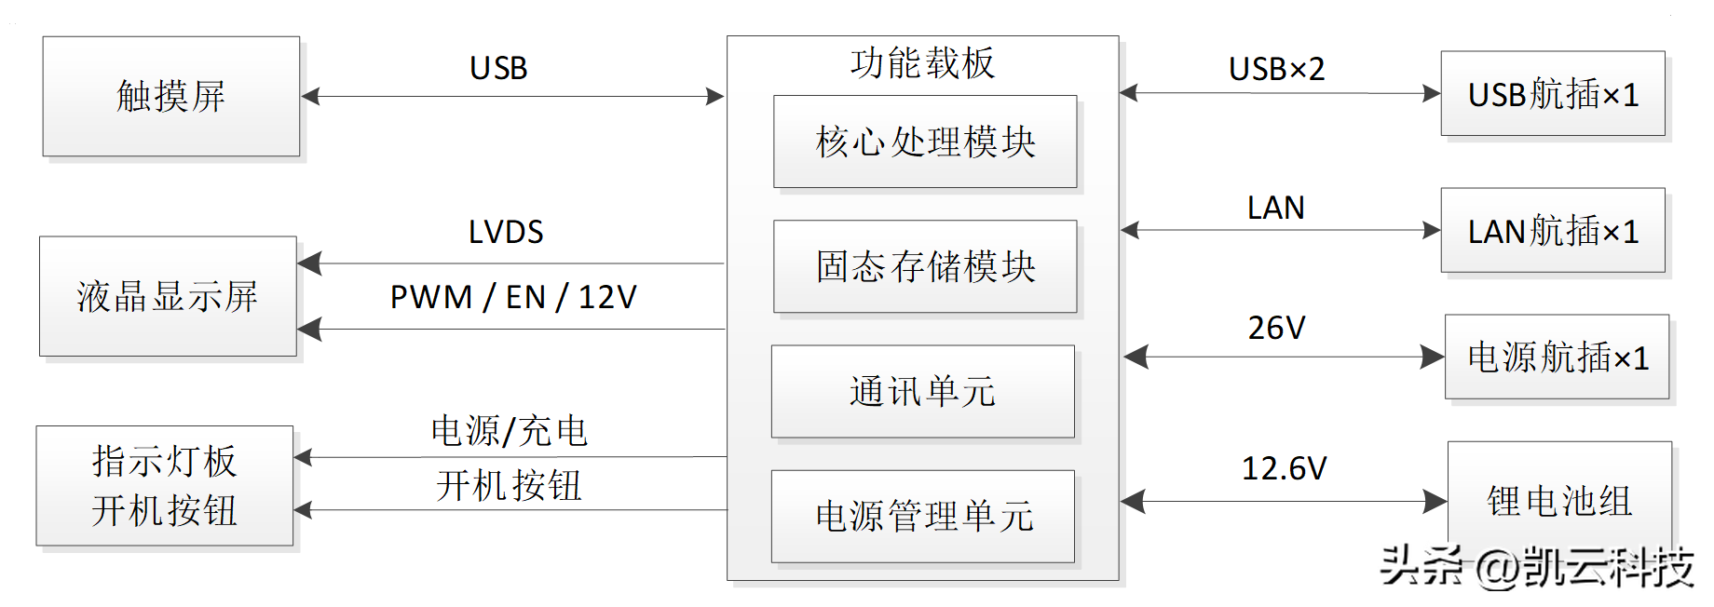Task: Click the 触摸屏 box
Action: pyautogui.click(x=171, y=96)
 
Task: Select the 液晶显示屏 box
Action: pyautogui.click(x=168, y=296)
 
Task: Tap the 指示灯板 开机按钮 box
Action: pyautogui.click(x=165, y=485)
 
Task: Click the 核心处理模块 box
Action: pyautogui.click(x=925, y=142)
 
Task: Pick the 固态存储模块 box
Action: pyautogui.click(x=925, y=266)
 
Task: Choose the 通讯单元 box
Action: pyautogui.click(x=922, y=391)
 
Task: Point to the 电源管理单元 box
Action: pyautogui.click(x=922, y=516)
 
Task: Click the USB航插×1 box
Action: pyautogui.click(x=1553, y=94)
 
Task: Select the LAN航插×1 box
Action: pyautogui.click(x=1553, y=231)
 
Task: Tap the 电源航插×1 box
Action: pyautogui.click(x=1557, y=357)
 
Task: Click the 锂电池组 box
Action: pyautogui.click(x=1559, y=500)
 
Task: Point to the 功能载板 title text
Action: pyautogui.click(x=922, y=63)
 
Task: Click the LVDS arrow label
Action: pyautogui.click(x=506, y=232)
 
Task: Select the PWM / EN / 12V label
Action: pyautogui.click(x=513, y=297)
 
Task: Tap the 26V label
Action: pyautogui.click(x=1276, y=328)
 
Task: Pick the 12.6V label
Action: pyautogui.click(x=1284, y=468)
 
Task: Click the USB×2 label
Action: pyautogui.click(x=1276, y=69)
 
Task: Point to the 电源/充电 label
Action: pyautogui.click(x=509, y=431)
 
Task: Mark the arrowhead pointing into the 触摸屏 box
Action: pyautogui.click(x=311, y=96)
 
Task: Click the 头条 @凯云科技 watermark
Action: pyautogui.click(x=1536, y=566)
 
